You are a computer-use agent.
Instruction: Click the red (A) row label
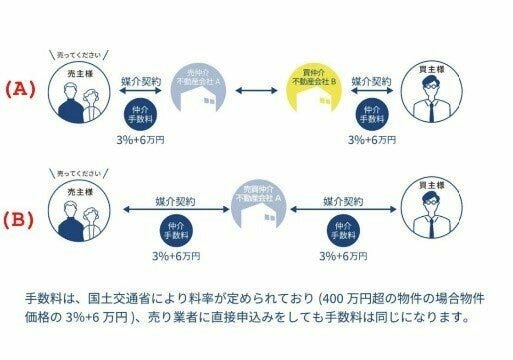click(19, 88)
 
